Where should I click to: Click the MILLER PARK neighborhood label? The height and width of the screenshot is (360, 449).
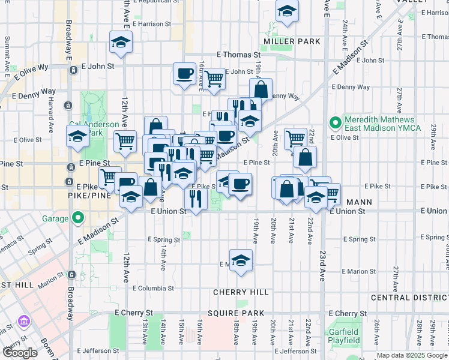tap(292, 41)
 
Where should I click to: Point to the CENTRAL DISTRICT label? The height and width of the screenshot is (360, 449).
tap(409, 298)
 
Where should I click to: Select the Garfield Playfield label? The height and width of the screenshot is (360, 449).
tap(344, 336)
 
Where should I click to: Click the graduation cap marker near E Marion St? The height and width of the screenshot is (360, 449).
tap(241, 260)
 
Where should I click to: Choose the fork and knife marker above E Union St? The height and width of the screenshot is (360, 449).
tap(196, 197)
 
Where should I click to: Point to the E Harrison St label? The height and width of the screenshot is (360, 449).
tap(152, 25)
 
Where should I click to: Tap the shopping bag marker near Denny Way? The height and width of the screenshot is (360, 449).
tap(261, 89)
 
